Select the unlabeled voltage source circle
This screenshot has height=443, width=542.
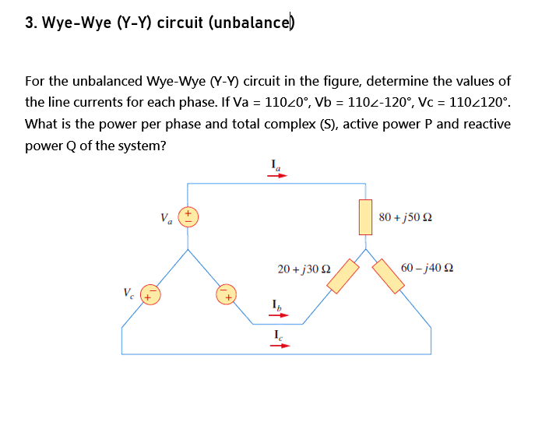[x=227, y=295]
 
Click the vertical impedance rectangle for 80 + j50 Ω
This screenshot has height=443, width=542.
[x=365, y=216]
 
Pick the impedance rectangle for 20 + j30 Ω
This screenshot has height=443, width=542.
[x=343, y=276]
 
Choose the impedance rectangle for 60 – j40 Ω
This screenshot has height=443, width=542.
[x=389, y=276]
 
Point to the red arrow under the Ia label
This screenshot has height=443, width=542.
[x=277, y=176]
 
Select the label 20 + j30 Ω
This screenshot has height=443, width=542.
[x=304, y=269]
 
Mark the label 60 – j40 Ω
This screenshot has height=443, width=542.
[x=427, y=269]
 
